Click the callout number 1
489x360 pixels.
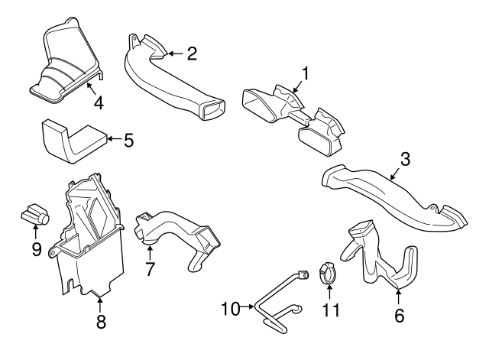pyautogui.click(x=306, y=73)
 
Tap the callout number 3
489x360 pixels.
pyautogui.click(x=406, y=160)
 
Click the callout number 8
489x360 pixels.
pyautogui.click(x=101, y=322)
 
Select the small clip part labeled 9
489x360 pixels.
pyautogui.click(x=34, y=216)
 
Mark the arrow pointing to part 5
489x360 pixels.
pyautogui.click(x=112, y=139)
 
